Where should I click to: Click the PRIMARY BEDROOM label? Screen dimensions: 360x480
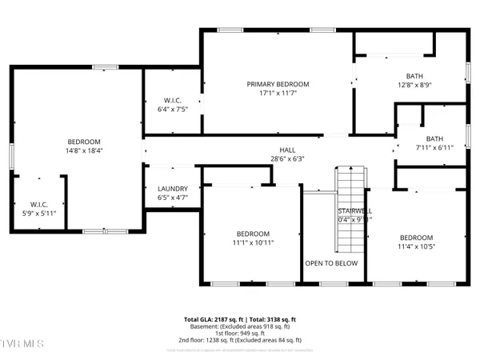click(x=278, y=84)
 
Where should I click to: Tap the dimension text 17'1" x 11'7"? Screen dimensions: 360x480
click(x=278, y=94)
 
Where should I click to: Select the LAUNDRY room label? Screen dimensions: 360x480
click(x=173, y=189)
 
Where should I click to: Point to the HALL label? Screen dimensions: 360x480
click(x=287, y=150)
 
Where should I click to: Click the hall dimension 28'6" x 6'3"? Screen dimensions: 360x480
click(x=287, y=158)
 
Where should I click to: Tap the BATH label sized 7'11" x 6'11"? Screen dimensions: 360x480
click(x=434, y=138)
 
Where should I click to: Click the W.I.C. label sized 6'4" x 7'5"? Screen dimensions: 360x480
click(x=171, y=101)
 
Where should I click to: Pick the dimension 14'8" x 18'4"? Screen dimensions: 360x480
click(x=78, y=148)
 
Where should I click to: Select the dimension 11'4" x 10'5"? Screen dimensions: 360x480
click(x=416, y=247)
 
